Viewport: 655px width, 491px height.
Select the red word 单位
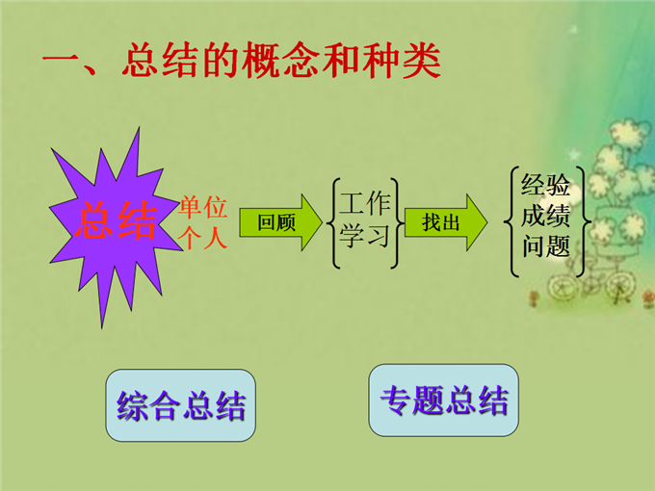(x=202, y=207)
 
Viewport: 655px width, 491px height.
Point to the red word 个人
(x=202, y=238)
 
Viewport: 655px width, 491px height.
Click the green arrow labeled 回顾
(x=280, y=222)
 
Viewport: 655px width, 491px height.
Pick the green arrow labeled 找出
(x=446, y=222)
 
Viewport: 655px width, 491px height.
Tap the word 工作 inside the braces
(x=365, y=203)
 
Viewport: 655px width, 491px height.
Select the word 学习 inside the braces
(x=365, y=236)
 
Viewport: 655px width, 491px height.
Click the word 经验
(x=545, y=184)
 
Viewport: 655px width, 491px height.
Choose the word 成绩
(x=545, y=215)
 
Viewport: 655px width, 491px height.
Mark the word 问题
(x=545, y=245)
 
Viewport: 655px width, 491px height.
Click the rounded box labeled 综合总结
(x=180, y=405)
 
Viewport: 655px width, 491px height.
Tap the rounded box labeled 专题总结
(x=444, y=400)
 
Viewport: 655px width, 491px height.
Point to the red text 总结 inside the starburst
(x=118, y=220)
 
